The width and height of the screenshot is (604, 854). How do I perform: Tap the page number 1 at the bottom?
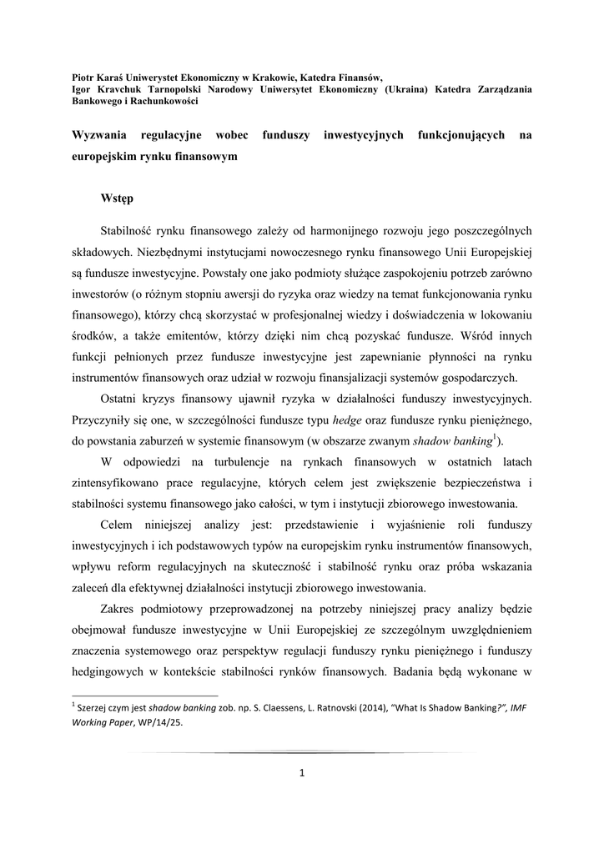pyautogui.click(x=302, y=773)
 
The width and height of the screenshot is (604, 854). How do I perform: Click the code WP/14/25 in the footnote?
pyautogui.click(x=154, y=723)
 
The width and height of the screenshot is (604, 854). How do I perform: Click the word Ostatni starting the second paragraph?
pyautogui.click(x=122, y=396)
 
